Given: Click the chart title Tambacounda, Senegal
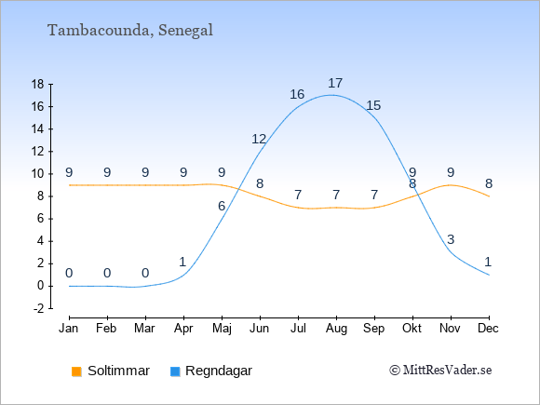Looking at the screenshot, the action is [x=130, y=31].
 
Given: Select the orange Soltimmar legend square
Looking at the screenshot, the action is [x=76, y=371].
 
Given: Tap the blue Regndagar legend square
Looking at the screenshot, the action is [x=175, y=371].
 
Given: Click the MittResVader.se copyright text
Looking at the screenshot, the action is [x=440, y=371].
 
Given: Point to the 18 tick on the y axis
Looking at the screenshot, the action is [x=37, y=84].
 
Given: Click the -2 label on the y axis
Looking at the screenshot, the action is [x=39, y=308].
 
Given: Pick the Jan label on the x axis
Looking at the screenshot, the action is [x=69, y=329].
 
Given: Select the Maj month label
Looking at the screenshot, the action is [x=222, y=329].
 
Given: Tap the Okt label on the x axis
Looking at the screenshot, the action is [x=412, y=329].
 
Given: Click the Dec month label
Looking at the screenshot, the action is [x=489, y=329].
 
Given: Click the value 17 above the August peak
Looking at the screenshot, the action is [x=335, y=84].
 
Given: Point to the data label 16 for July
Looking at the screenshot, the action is [x=297, y=94].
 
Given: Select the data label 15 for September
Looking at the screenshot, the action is [x=373, y=105].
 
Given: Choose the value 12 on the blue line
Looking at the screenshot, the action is [x=259, y=139].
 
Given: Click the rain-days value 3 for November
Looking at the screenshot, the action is [x=451, y=239].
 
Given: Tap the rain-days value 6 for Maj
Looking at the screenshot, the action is [x=222, y=207].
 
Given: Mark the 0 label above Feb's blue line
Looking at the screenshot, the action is [x=107, y=274].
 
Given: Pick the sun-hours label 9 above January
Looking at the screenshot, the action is [x=69, y=172].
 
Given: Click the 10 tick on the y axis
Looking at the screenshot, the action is [x=37, y=174].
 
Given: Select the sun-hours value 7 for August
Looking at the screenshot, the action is [x=336, y=196].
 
